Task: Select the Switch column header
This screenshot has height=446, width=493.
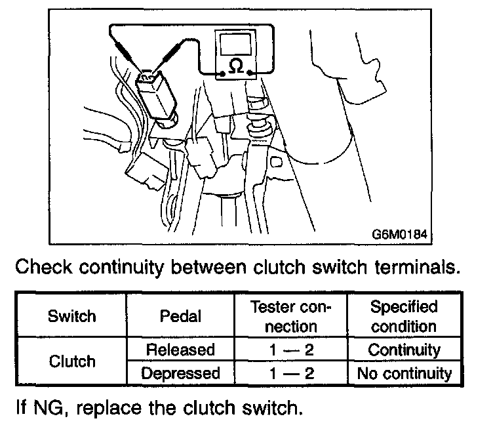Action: pyautogui.click(x=73, y=316)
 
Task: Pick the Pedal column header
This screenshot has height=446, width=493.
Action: pyautogui.click(x=180, y=316)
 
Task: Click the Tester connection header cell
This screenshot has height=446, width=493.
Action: pyautogui.click(x=290, y=316)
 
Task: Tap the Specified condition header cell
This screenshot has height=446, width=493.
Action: pyautogui.click(x=404, y=316)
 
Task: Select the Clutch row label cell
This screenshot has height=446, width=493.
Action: pyautogui.click(x=73, y=361)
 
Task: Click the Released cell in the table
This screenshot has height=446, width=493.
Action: pyautogui.click(x=180, y=350)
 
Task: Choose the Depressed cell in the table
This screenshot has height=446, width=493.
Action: pyautogui.click(x=180, y=374)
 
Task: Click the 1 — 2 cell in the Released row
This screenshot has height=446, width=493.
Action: pyautogui.click(x=290, y=350)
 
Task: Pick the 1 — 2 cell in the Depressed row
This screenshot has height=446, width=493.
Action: pyautogui.click(x=290, y=374)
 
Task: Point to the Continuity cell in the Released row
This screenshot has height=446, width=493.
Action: pyautogui.click(x=404, y=350)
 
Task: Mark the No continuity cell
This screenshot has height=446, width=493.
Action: pyautogui.click(x=404, y=374)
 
